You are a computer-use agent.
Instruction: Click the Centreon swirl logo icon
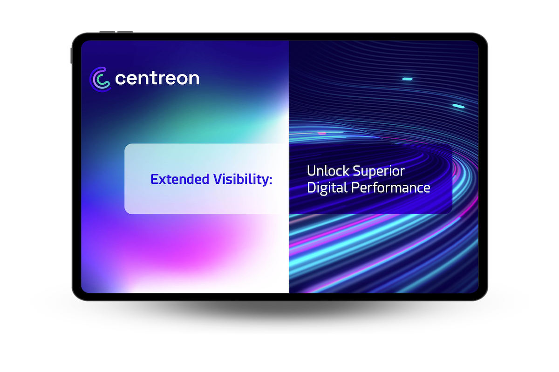(x=100, y=79)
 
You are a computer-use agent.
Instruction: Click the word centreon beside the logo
(x=157, y=78)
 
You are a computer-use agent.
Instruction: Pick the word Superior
(x=379, y=171)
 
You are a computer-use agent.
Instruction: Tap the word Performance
(x=390, y=188)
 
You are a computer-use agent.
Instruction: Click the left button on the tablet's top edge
(x=107, y=32)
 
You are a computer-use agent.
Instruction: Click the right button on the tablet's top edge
(x=125, y=32)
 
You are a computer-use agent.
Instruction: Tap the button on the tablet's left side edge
(x=71, y=55)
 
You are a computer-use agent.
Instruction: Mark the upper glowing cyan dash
(x=407, y=79)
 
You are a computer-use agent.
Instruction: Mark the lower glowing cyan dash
(x=458, y=106)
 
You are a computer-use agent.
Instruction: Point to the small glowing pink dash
(x=322, y=133)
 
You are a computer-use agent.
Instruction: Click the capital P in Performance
(x=355, y=188)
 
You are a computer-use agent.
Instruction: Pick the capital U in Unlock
(x=312, y=171)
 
